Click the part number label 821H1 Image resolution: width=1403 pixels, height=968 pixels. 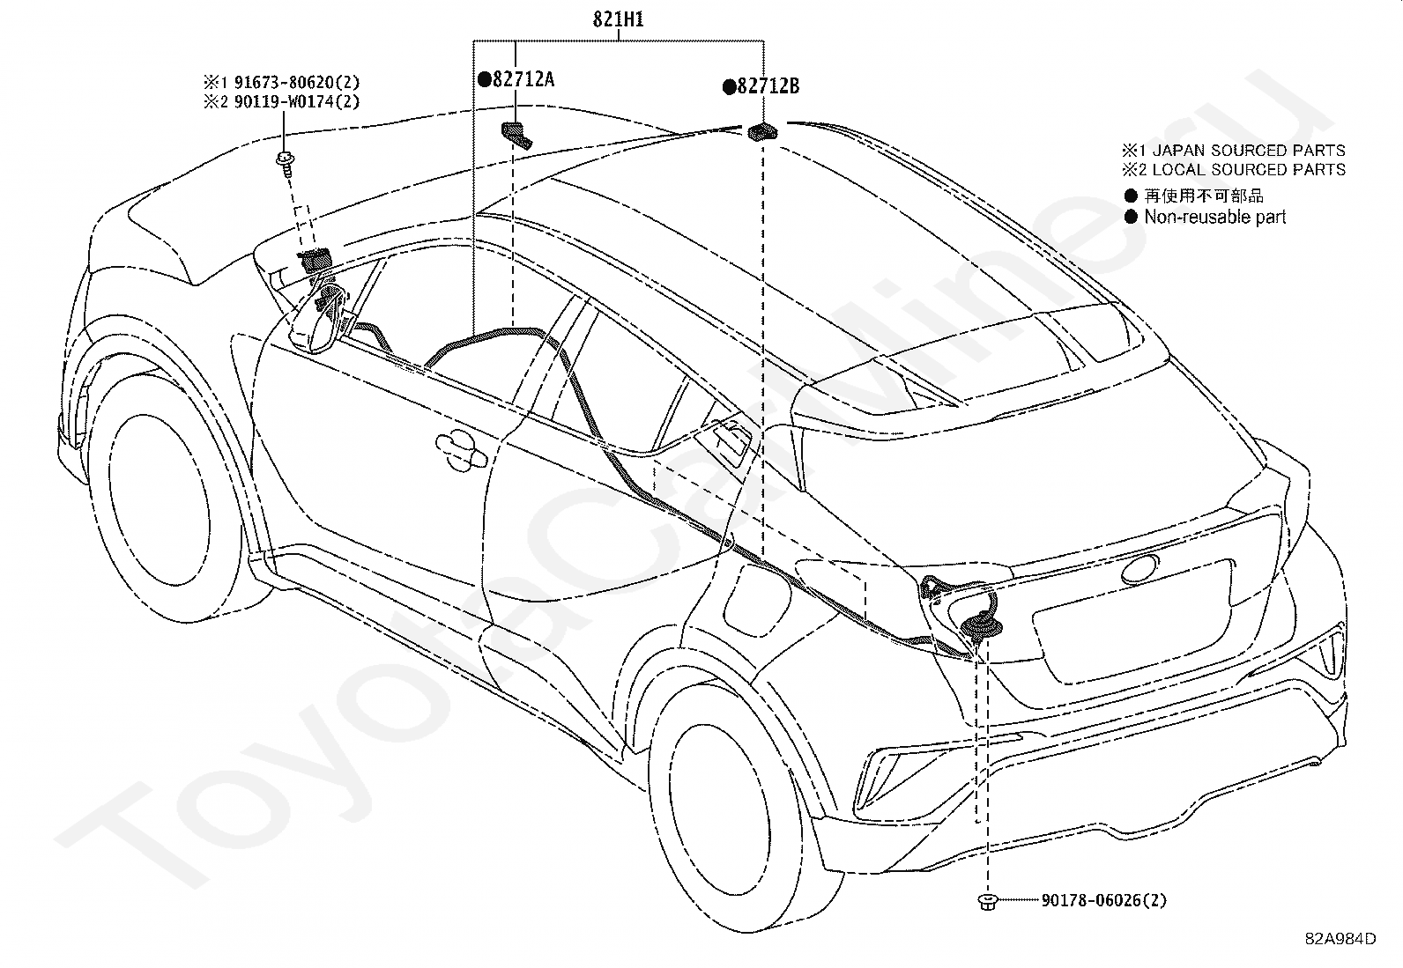(618, 19)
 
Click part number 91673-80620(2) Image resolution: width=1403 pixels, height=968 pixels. (297, 82)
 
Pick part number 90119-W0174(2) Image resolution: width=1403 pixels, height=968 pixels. (297, 101)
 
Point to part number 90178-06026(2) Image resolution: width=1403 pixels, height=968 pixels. (1104, 900)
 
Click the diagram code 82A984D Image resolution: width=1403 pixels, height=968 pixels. (1340, 939)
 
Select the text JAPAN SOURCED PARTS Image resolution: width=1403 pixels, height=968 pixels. (1248, 151)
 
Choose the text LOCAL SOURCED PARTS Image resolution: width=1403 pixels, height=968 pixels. (1248, 170)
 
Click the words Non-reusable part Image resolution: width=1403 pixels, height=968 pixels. (1214, 217)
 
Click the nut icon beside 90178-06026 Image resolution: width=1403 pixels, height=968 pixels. (987, 902)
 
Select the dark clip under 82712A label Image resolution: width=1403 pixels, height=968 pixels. (516, 136)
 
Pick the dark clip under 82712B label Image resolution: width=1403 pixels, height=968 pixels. (763, 132)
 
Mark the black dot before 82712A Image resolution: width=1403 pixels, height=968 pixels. (484, 79)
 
